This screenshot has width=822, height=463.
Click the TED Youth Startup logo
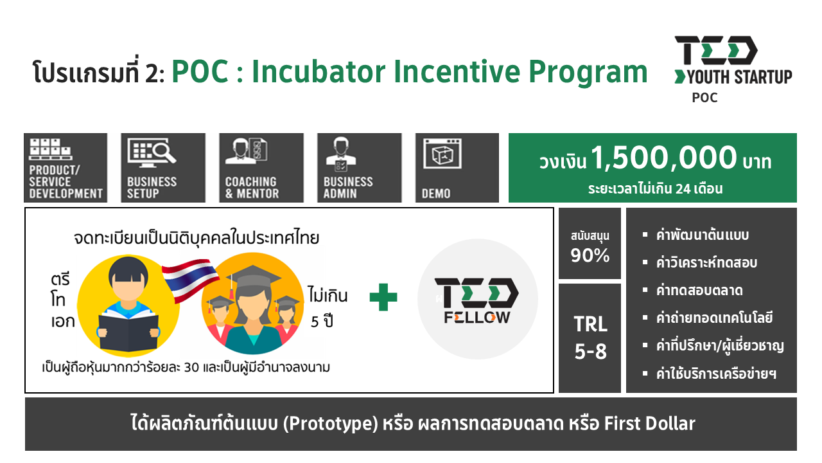[733, 69]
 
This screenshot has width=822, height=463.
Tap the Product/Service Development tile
[66, 168]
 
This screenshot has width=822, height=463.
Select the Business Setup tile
[163, 168]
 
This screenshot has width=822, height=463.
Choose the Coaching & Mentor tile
[261, 168]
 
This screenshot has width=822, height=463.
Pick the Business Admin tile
[359, 168]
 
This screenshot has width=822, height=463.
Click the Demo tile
[457, 168]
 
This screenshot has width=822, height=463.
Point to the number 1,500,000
[664, 158]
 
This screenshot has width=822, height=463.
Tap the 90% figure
[590, 255]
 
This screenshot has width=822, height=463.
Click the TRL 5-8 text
[590, 338]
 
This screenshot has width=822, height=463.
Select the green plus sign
[383, 297]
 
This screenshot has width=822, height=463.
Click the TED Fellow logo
[477, 300]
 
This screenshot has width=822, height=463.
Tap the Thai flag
[190, 280]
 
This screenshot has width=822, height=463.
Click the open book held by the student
[128, 331]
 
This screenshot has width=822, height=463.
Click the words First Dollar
[649, 423]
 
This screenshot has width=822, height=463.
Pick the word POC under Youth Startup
[704, 98]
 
